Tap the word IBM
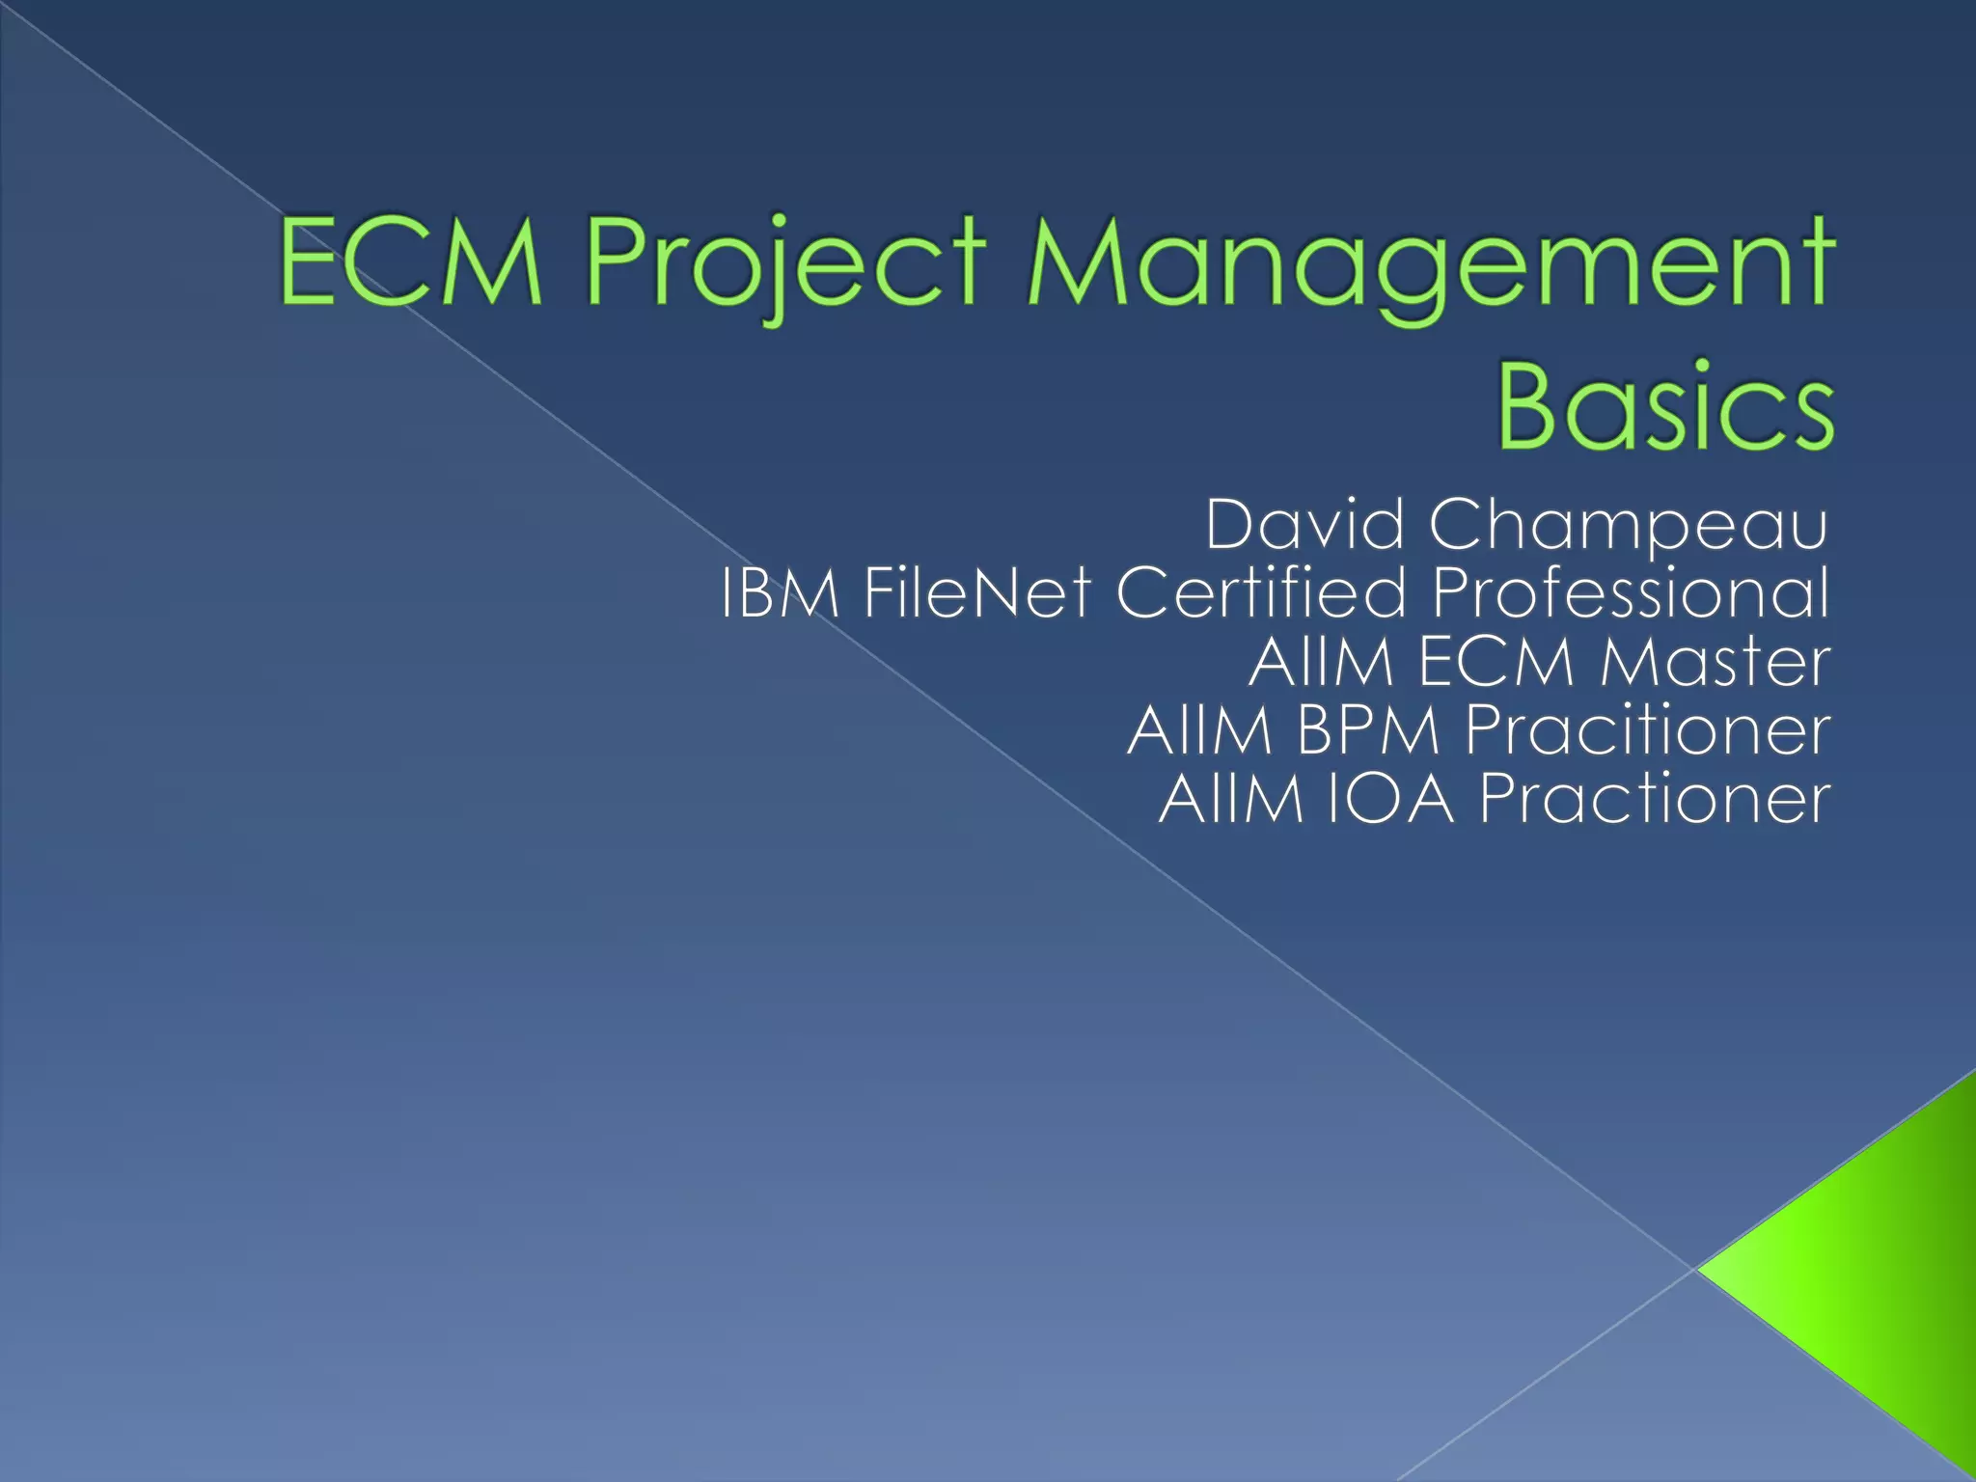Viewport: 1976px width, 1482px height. coord(780,592)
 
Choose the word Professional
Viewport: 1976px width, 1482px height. coord(1631,592)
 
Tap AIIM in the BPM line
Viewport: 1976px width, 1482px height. coord(1200,730)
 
